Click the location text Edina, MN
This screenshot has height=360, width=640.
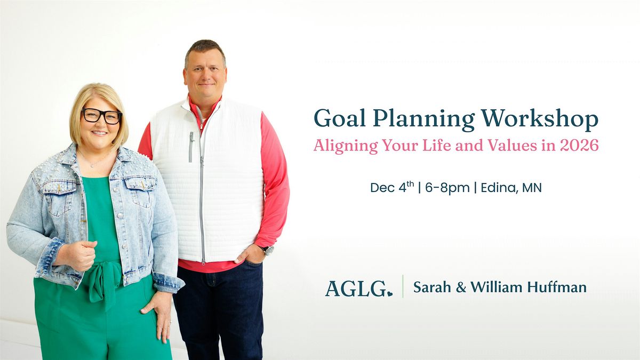(510, 188)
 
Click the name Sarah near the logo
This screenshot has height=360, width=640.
(431, 287)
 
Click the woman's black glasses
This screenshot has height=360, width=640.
(102, 116)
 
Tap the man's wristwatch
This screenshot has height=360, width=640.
(267, 250)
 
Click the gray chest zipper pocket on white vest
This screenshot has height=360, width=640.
(190, 146)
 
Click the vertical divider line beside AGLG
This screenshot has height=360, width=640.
(403, 286)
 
